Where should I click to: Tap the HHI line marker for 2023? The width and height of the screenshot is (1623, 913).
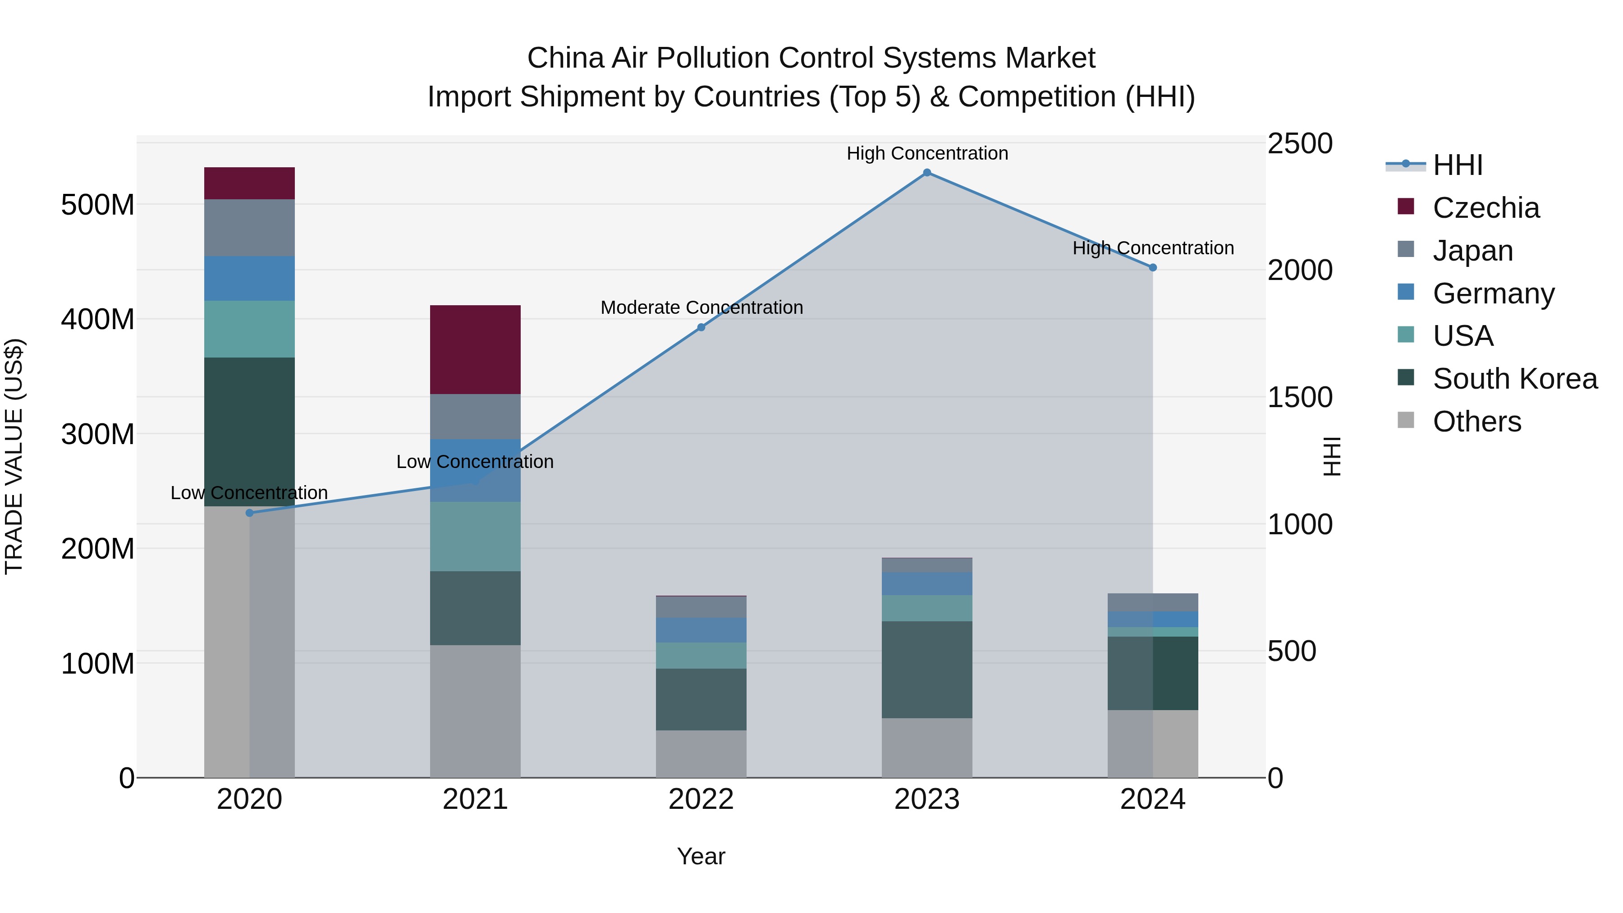point(927,173)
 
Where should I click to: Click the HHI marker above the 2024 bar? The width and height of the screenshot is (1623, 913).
point(1153,267)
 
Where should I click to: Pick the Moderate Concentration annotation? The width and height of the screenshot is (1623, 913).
point(701,307)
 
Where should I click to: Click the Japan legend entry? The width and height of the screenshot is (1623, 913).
point(1472,251)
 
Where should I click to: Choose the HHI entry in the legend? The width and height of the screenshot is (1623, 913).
point(1457,165)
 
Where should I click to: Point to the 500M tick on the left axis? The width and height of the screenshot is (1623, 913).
point(98,205)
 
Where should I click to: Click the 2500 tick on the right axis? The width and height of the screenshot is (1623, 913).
point(1300,144)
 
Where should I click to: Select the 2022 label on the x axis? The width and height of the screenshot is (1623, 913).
point(701,799)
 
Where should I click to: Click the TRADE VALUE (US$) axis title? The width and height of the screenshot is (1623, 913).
point(14,456)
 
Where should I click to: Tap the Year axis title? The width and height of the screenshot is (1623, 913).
point(701,856)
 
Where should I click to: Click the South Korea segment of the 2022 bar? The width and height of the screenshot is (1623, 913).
point(701,699)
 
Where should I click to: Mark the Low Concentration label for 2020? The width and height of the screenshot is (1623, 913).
point(249,493)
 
